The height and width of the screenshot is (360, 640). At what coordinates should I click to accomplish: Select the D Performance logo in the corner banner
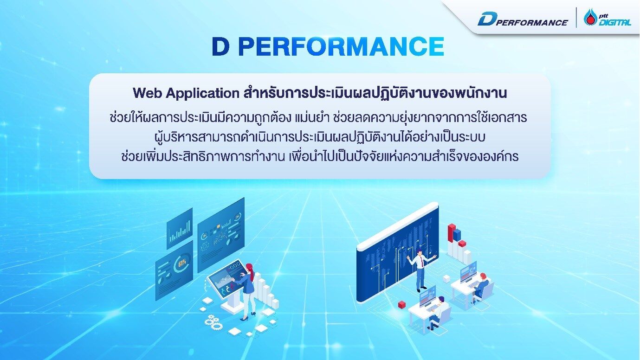click(x=522, y=19)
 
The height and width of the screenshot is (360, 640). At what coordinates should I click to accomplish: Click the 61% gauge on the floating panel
click(x=181, y=266)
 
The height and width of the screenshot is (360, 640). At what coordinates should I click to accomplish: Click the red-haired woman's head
click(x=249, y=268)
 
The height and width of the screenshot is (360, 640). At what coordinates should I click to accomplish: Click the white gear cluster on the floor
click(x=213, y=321)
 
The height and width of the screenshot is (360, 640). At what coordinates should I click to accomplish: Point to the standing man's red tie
click(x=422, y=262)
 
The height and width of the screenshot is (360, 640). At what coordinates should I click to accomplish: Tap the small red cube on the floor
click(x=402, y=304)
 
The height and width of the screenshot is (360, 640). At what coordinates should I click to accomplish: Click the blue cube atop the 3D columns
click(x=457, y=235)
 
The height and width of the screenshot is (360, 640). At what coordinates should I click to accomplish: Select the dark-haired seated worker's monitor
click(x=427, y=296)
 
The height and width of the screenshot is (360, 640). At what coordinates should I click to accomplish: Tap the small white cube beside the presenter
click(x=446, y=278)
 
